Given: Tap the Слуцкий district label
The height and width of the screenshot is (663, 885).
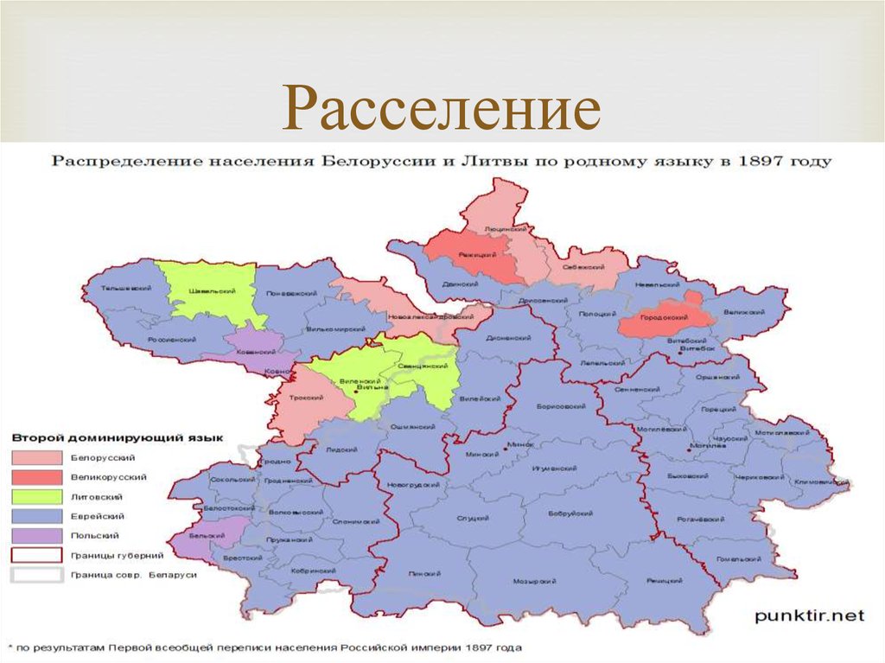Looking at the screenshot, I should (x=468, y=519).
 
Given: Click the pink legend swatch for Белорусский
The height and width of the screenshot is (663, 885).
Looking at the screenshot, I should (x=36, y=457).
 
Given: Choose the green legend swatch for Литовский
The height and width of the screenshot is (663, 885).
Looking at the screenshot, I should (x=36, y=497).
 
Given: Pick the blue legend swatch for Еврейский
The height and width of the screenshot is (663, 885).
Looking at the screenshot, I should (x=36, y=517).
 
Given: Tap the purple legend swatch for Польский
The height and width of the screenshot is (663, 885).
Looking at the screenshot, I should (x=36, y=537).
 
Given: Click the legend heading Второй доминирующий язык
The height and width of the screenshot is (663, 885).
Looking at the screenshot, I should (x=118, y=437).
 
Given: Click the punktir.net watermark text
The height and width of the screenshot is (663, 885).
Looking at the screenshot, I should (x=809, y=615).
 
